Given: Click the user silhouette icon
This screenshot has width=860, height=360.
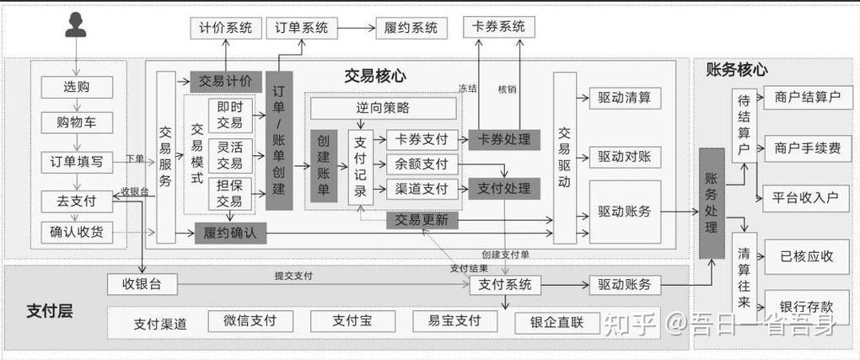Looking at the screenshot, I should pyautogui.click(x=77, y=26).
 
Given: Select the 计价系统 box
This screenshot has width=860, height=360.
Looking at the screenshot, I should pyautogui.click(x=225, y=27).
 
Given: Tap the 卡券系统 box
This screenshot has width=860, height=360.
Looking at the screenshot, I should pyautogui.click(x=499, y=26).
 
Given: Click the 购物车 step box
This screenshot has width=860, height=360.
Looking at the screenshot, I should pyautogui.click(x=77, y=122).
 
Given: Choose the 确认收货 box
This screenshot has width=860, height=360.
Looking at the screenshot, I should pyautogui.click(x=77, y=231).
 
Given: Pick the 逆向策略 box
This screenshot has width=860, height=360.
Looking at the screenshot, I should pyautogui.click(x=383, y=108).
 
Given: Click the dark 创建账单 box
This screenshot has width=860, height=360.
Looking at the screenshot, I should pyautogui.click(x=324, y=166).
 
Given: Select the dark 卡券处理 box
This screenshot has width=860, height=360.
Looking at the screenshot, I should pyautogui.click(x=503, y=140).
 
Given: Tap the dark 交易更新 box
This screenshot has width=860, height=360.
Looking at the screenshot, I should pyautogui.click(x=422, y=221).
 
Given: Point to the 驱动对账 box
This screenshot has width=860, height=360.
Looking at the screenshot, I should pyautogui.click(x=625, y=156).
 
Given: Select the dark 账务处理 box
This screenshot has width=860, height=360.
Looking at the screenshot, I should pyautogui.click(x=712, y=203).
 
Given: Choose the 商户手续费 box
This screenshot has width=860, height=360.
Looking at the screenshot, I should pyautogui.click(x=807, y=148).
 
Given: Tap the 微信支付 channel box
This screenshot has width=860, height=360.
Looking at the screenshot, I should pyautogui.click(x=249, y=321).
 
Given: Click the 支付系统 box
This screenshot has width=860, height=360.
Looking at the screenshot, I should pyautogui.click(x=505, y=285).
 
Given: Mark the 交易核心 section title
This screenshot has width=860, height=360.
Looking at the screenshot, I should pyautogui.click(x=375, y=76).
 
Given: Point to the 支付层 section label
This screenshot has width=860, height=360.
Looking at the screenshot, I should pyautogui.click(x=49, y=310).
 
